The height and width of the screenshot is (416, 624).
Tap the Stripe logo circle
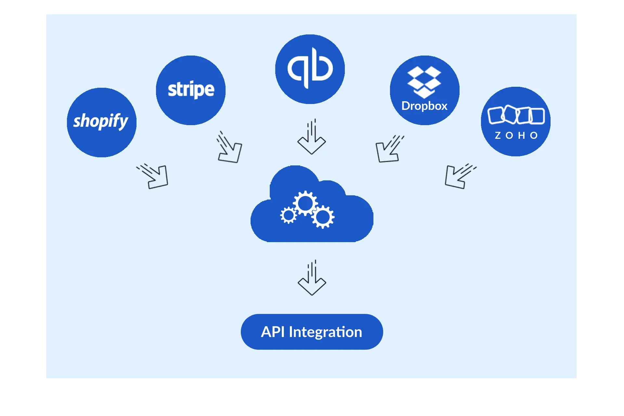(x=191, y=90)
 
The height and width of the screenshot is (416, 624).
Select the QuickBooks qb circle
(x=310, y=69)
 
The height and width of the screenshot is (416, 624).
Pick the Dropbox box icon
(x=424, y=82)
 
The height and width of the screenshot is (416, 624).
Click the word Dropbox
(x=424, y=106)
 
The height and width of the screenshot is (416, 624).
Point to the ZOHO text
(x=516, y=136)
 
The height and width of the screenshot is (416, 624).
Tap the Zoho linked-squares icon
(x=516, y=115)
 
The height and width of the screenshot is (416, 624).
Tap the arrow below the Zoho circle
(x=458, y=176)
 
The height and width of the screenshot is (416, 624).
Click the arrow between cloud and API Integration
(x=312, y=279)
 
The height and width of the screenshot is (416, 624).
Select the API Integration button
(x=312, y=332)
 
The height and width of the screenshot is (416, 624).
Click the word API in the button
(x=272, y=332)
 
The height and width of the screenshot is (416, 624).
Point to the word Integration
(x=325, y=332)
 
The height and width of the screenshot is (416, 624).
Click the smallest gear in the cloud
(x=288, y=215)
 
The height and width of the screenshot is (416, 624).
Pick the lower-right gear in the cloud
(x=323, y=217)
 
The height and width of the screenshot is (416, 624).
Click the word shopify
(x=101, y=121)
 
